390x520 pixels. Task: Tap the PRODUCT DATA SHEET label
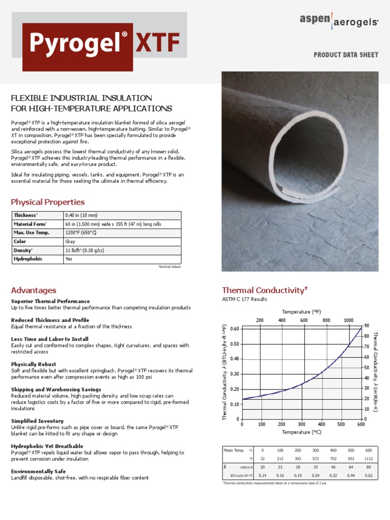point(346,55)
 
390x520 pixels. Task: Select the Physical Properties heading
point(48,202)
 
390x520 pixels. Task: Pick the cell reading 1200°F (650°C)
point(81,233)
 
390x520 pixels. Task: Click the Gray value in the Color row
point(70,242)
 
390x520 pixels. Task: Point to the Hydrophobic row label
point(28,259)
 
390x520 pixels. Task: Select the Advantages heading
point(34,290)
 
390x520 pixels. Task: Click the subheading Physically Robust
point(34,364)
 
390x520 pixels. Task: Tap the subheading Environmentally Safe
point(39,471)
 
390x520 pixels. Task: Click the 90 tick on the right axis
point(367,326)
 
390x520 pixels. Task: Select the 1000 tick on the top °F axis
point(348,320)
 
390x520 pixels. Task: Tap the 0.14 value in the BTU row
point(263,476)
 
